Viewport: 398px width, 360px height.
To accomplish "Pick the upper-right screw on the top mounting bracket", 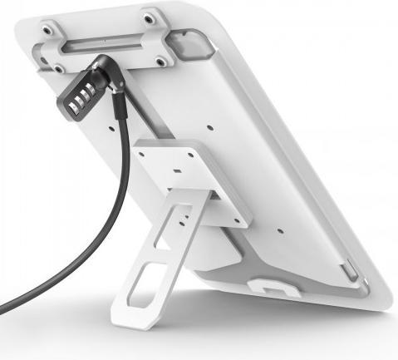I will point(148,17).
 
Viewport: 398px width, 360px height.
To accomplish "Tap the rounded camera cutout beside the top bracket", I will point(192,45).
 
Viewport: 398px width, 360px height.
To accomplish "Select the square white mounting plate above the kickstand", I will point(190,180).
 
